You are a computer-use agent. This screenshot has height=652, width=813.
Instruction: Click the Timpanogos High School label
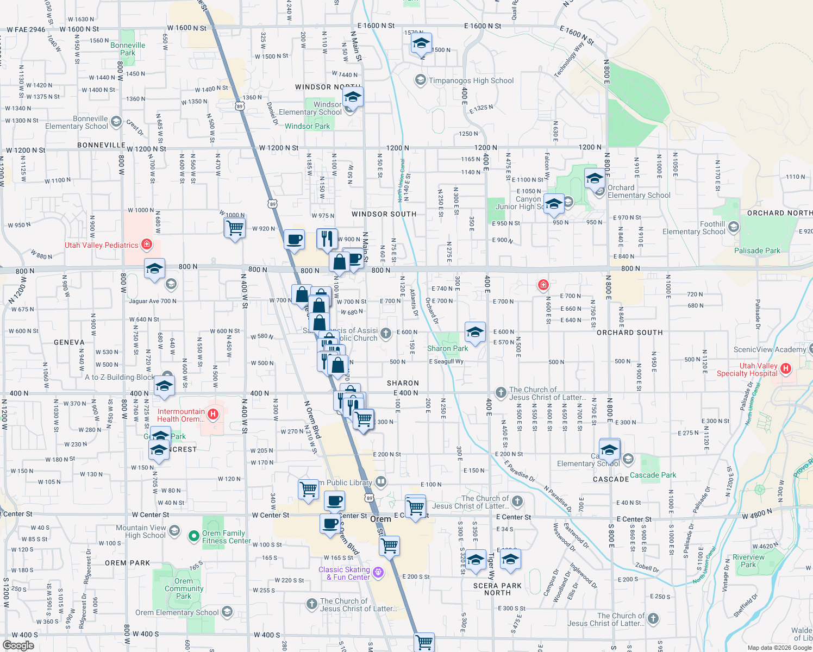pos(471,80)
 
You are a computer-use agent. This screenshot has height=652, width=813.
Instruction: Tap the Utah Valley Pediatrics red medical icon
pos(147,244)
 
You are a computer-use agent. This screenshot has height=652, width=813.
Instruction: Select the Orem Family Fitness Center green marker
pos(193,536)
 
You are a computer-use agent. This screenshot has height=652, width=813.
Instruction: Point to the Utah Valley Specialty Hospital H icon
pos(785,369)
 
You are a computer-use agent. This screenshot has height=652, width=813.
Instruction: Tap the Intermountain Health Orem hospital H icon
pos(213,415)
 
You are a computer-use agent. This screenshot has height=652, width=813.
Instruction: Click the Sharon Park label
pos(447,348)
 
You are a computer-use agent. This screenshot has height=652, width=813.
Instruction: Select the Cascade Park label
pos(653,475)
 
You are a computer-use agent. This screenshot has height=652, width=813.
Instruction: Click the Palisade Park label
pos(757,250)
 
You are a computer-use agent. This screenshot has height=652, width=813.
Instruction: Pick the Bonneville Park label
pos(128,49)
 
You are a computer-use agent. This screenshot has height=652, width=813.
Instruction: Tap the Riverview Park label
pos(748,561)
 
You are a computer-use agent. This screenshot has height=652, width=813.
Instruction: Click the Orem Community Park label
pos(184,588)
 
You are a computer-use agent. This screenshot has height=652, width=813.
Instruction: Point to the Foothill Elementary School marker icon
pos(734,227)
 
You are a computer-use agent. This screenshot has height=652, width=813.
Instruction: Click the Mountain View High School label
pos(141,531)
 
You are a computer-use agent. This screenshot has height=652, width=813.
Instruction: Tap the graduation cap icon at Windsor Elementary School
pos(353,98)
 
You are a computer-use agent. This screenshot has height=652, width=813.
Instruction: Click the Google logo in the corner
pos(18,645)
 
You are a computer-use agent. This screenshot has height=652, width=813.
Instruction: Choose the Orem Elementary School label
pos(177,612)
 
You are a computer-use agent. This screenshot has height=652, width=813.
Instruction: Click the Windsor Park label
pos(307,126)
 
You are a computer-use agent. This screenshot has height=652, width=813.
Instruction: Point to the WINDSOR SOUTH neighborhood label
pos(384,214)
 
